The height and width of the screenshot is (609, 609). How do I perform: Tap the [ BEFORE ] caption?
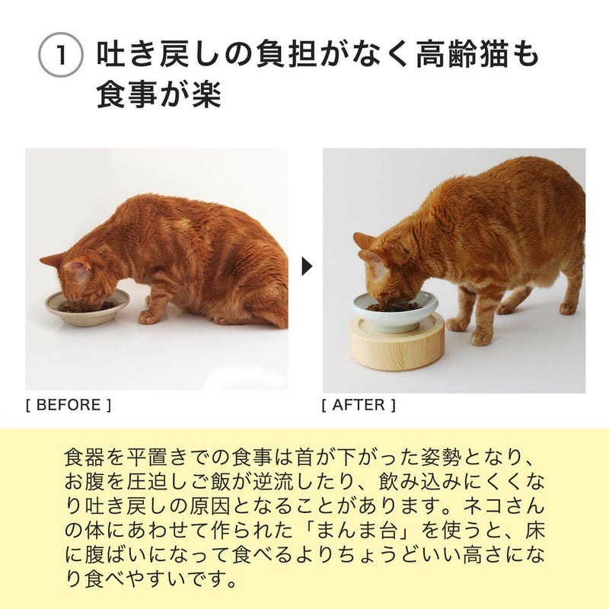coord(69,405)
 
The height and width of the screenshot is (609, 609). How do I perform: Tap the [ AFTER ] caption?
coord(359,405)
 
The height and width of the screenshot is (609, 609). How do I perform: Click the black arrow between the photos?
coord(307,266)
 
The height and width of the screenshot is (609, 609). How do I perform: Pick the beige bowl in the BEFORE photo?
coord(85,308)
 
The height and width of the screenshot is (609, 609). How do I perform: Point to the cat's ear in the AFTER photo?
coord(366,242)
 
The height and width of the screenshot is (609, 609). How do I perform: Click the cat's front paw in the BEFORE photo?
coord(149,317)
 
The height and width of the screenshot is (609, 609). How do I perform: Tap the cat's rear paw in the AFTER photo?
coord(567,308)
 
